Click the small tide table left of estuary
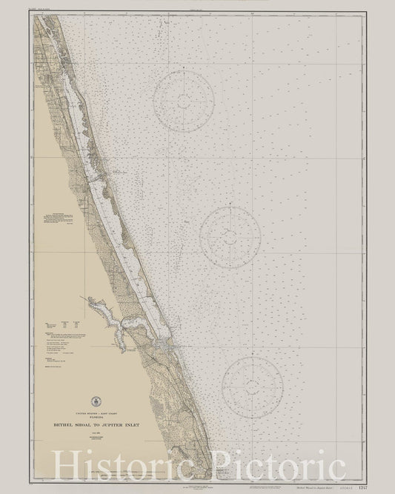click(x=59, y=304)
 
